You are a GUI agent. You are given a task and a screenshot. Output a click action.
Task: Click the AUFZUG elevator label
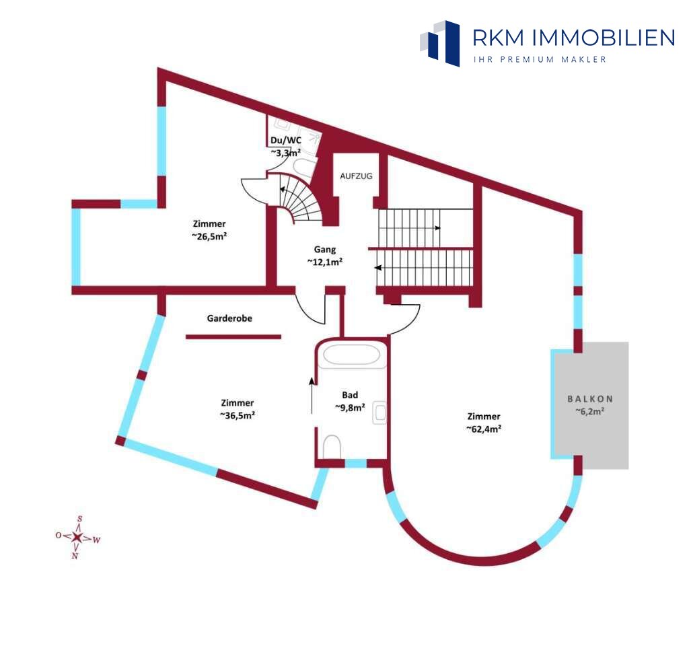pyautogui.click(x=356, y=176)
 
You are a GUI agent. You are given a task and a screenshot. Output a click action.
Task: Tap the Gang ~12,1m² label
pyautogui.click(x=325, y=256)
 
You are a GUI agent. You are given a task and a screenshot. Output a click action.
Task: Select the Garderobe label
pyautogui.click(x=229, y=318)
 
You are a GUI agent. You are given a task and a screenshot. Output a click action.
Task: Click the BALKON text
pyautogui.click(x=590, y=399)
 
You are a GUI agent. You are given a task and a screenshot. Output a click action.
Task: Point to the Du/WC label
pyautogui.click(x=285, y=141)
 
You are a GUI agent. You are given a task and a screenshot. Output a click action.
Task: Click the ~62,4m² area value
pyautogui.click(x=484, y=429)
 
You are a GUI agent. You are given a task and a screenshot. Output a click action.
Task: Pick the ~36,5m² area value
pyautogui.click(x=238, y=415)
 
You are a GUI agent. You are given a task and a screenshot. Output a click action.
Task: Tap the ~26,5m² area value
pyautogui.click(x=209, y=236)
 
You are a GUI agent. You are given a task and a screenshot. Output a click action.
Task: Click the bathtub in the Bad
pyautogui.click(x=351, y=355)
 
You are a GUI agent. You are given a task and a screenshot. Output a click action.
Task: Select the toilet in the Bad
pyautogui.click(x=332, y=447)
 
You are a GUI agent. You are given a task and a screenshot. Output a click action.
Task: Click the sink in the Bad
pyautogui.click(x=379, y=412)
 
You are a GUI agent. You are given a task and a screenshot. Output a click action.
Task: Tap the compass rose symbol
pyautogui.click(x=77, y=537)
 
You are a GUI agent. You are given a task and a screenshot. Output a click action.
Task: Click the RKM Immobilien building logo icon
pyautogui.click(x=439, y=43)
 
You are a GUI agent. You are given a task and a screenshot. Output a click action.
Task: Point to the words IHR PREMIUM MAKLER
pyautogui.click(x=540, y=59)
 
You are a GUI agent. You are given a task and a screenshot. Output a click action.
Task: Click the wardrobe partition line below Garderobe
pyautogui.click(x=233, y=337)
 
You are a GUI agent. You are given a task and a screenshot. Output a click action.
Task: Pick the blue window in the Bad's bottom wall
pyautogui.click(x=356, y=464)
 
